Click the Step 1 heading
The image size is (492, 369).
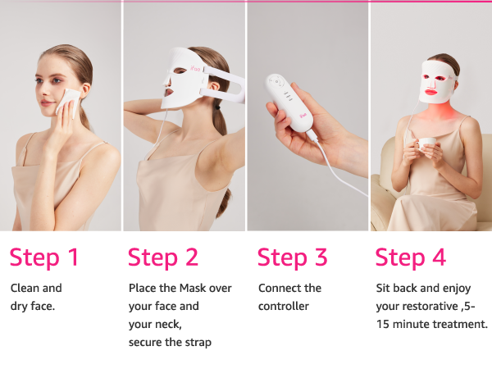[44, 257]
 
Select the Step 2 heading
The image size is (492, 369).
[163, 257]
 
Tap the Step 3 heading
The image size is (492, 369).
[293, 257]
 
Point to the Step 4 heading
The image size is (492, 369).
[411, 257]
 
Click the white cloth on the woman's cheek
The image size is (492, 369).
[68, 102]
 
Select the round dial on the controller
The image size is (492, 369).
[276, 82]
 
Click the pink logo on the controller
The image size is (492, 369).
[303, 116]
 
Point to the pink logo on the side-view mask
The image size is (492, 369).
[195, 68]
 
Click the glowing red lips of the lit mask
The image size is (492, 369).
[434, 92]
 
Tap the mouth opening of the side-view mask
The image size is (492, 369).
[169, 93]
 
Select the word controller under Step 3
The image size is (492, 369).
[284, 306]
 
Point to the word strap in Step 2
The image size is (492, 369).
[199, 342]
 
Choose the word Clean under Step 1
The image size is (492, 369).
[23, 288]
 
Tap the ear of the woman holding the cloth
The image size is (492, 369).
[84, 89]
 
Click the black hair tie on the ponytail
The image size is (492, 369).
[217, 108]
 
